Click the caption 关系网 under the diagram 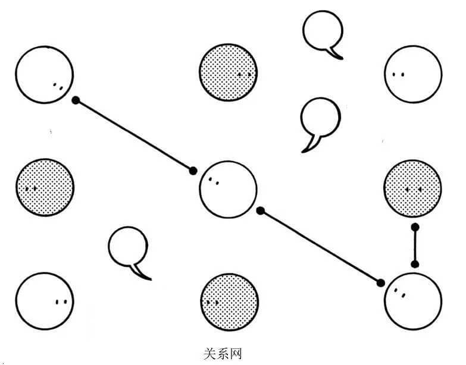tap(223, 355)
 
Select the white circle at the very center tap(228, 189)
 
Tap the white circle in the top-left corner tap(45, 75)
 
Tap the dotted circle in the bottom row tap(229, 301)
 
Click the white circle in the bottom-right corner tap(414, 300)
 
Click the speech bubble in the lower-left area tap(128, 250)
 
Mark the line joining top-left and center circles tap(134, 136)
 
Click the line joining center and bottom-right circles tap(320, 246)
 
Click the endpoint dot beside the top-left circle tap(76, 100)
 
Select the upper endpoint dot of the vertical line tap(415, 227)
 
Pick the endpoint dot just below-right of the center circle tap(260, 210)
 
